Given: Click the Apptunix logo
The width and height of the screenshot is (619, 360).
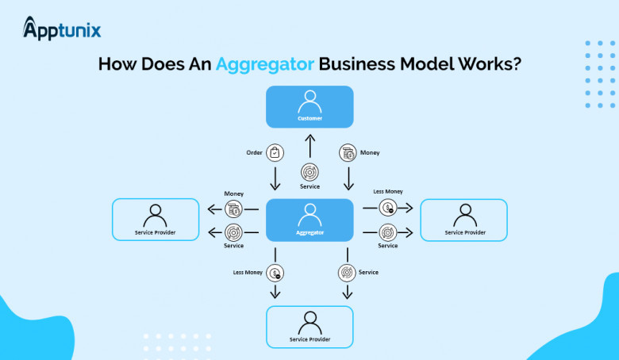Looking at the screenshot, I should point(62,30).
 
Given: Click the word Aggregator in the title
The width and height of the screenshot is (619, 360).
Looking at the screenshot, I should point(265,64).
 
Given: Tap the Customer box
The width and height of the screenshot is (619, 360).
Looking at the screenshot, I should point(309,107).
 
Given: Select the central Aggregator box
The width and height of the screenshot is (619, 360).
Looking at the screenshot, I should point(309,220).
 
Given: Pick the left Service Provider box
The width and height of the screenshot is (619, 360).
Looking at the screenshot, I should point(155,220).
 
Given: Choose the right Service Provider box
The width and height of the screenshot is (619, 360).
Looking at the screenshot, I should point(464,220).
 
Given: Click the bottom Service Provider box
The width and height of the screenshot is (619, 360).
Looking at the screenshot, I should point(309,327).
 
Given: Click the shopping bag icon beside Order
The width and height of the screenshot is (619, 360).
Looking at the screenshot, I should point(275,152).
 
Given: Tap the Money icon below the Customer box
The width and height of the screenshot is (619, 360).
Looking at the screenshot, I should point(347,152).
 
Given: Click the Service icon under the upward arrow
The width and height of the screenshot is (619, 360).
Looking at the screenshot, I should point(310,172).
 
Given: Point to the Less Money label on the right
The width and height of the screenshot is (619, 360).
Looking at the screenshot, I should point(389,191).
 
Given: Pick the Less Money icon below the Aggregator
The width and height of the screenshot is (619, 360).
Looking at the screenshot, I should point(276,273).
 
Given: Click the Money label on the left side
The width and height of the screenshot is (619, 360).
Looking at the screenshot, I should point(233,193).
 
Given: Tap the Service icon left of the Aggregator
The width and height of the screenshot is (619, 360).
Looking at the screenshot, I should point(233,232).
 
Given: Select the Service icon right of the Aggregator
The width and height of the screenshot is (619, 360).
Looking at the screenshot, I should point(388,232).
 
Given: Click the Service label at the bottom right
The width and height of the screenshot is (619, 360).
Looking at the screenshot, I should point(368,272).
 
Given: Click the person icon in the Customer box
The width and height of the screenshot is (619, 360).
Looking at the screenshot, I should point(309,101).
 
